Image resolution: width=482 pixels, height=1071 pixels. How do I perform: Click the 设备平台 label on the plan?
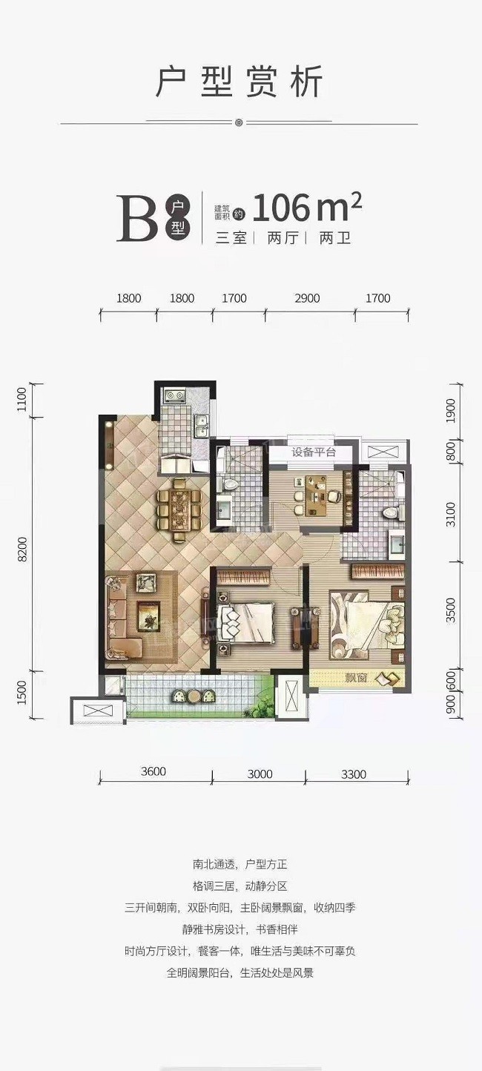(x=314, y=452)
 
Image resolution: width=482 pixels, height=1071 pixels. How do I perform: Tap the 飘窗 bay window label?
(x=356, y=677)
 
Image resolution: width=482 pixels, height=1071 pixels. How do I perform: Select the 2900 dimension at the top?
(x=307, y=298)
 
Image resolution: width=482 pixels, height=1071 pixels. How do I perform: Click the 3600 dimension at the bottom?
(x=153, y=771)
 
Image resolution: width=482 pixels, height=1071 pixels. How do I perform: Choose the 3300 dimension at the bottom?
(x=354, y=774)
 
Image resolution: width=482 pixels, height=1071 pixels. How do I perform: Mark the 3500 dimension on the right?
(x=450, y=610)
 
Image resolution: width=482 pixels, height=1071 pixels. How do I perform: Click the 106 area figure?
(x=281, y=208)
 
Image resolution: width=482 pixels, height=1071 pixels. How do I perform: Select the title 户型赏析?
(x=240, y=82)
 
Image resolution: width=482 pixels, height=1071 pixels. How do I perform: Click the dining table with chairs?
(x=179, y=510)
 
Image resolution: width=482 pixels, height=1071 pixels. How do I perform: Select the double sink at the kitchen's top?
(x=174, y=396)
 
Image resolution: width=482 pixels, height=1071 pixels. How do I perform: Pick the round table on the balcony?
(x=194, y=696)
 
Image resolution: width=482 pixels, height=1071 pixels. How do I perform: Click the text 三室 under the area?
(x=231, y=237)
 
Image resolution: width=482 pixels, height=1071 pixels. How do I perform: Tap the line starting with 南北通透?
(x=240, y=865)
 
